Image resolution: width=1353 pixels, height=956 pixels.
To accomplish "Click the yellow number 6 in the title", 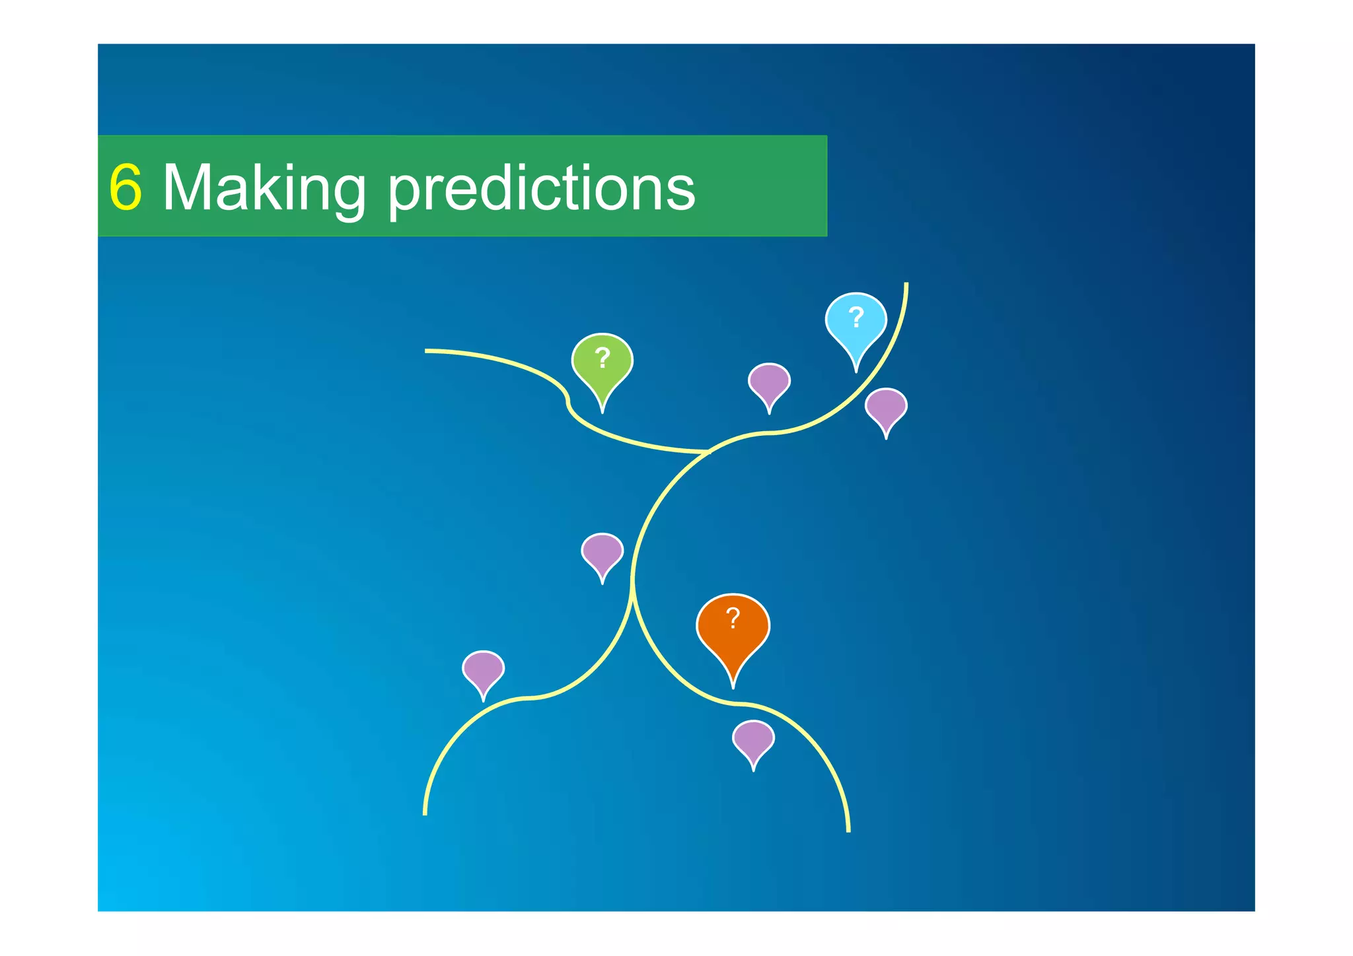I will pyautogui.click(x=126, y=188).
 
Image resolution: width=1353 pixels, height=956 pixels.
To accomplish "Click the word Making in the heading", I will pyautogui.click(x=264, y=188).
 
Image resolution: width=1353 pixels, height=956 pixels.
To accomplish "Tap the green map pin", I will pyautogui.click(x=602, y=364).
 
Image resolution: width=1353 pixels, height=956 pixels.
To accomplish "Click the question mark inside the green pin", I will pyautogui.click(x=602, y=358).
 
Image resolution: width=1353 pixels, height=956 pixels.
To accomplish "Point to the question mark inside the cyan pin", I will pyautogui.click(x=856, y=318).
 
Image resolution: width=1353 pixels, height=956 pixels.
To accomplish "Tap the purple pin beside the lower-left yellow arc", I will pyautogui.click(x=483, y=669).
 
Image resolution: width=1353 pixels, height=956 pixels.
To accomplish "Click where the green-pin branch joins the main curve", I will pyautogui.click(x=708, y=452).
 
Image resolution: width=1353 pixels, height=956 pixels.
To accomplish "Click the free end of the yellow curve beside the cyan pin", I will pyautogui.click(x=906, y=284).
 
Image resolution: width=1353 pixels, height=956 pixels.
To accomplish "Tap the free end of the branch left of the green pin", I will pyautogui.click(x=426, y=351).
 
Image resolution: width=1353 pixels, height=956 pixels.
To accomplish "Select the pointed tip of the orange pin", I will pyautogui.click(x=733, y=687).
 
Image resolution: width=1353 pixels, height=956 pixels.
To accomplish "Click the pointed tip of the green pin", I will pyautogui.click(x=602, y=412).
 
